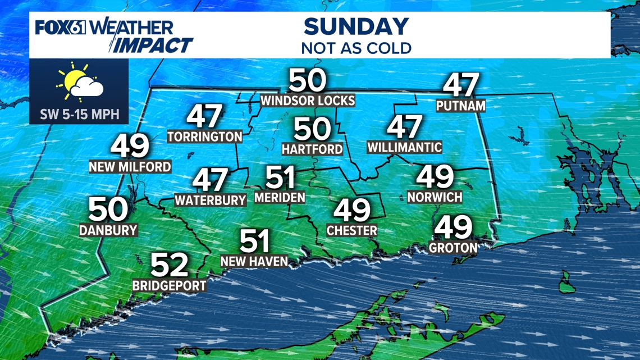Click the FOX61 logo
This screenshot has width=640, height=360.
tap(61, 27)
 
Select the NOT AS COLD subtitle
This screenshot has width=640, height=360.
tap(356, 47)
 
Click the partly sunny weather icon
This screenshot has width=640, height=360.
tap(80, 83)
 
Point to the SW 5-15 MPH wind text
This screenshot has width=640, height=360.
tap(80, 115)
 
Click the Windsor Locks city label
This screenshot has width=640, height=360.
tap(308, 101)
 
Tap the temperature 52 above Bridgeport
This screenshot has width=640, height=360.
tap(169, 265)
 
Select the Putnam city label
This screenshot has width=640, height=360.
tap(460, 105)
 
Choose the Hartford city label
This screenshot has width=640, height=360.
tap(312, 149)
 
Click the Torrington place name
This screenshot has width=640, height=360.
tap(204, 136)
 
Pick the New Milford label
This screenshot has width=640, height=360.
tap(130, 167)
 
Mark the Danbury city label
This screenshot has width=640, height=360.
tap(108, 230)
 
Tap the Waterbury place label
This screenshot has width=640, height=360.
tap(211, 200)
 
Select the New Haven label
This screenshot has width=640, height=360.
tap(254, 261)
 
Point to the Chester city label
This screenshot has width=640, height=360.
tap(352, 230)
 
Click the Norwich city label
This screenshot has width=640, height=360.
tap(435, 197)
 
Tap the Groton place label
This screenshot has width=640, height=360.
tap(453, 247)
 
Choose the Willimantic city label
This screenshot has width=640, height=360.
tap(404, 148)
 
